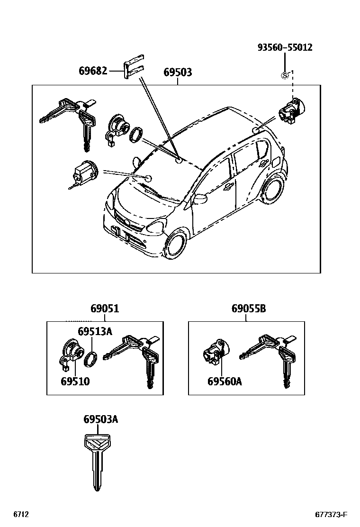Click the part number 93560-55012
pos(285,48)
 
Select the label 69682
pos(93,72)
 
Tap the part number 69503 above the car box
pos(178,73)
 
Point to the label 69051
pos(105,309)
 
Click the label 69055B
pos(249,309)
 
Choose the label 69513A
pos(95,331)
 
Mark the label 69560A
pos(225,381)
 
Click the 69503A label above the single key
pos(100,419)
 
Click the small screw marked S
pos(285,74)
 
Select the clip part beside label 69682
pos(134,68)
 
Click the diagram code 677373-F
pos(332,515)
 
